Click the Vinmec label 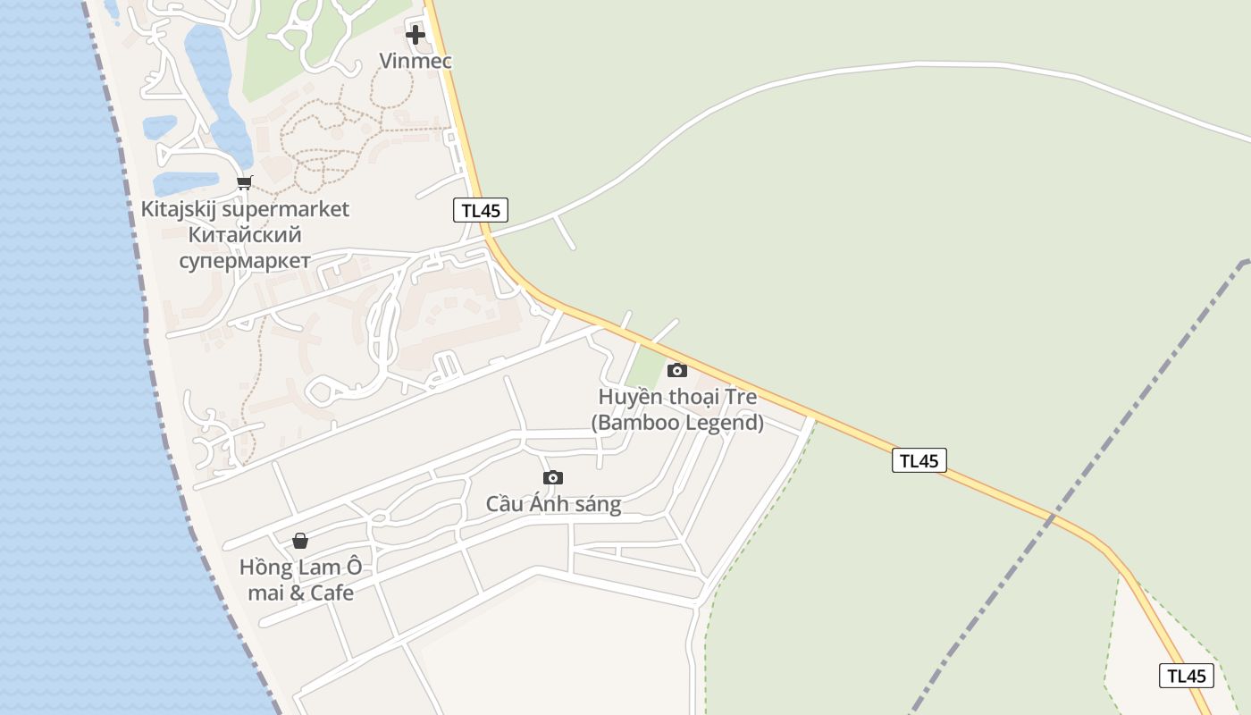(x=416, y=61)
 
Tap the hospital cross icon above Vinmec (x=416, y=35)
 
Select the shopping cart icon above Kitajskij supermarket (x=244, y=183)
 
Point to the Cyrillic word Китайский (x=245, y=235)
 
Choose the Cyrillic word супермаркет (x=245, y=261)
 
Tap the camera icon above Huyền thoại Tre (x=677, y=370)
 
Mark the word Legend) (x=725, y=423)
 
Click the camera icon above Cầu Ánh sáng (x=553, y=478)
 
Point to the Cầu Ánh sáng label (x=553, y=504)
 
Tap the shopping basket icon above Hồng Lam (x=300, y=541)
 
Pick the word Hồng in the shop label (x=264, y=568)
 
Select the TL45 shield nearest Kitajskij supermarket (x=481, y=211)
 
